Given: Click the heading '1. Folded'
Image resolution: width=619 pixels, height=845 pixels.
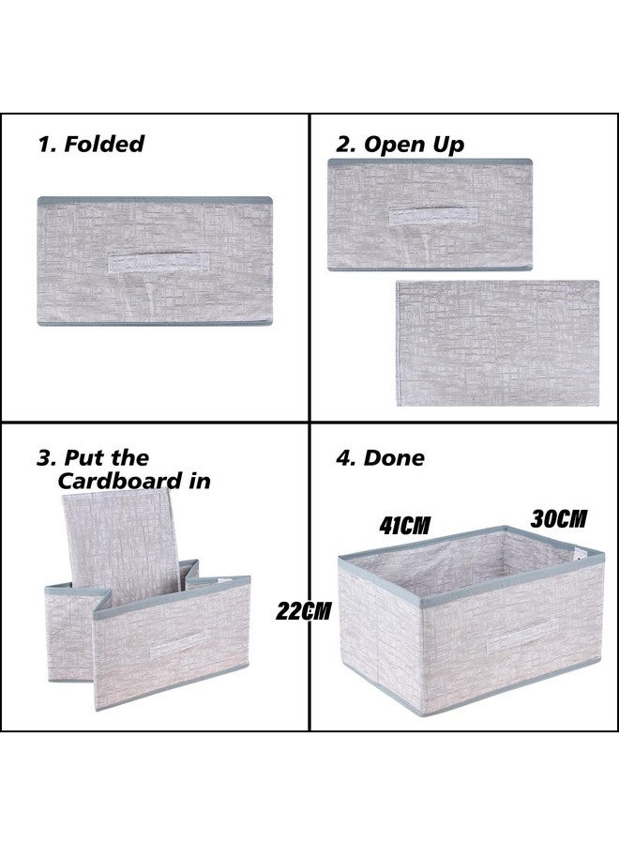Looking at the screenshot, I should click(x=91, y=144).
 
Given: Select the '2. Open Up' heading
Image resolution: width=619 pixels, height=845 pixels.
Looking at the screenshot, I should click(x=400, y=144).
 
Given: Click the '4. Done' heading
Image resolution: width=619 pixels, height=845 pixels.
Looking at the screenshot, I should click(x=380, y=458).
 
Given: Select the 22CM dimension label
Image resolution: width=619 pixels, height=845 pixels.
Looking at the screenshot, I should click(x=304, y=610).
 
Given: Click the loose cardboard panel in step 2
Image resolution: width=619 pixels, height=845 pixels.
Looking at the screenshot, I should click(x=497, y=343).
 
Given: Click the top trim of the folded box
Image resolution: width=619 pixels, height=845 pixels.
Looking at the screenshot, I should click(x=154, y=201).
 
